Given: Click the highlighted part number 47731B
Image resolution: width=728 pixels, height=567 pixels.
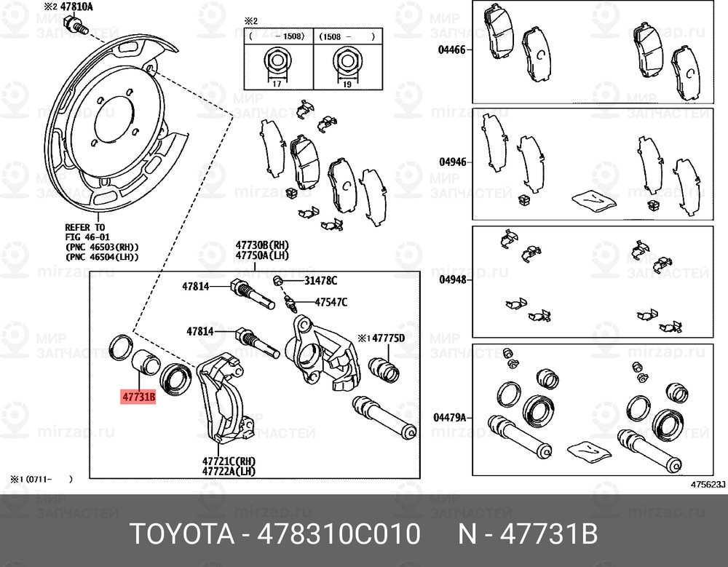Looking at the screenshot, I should point(138,397).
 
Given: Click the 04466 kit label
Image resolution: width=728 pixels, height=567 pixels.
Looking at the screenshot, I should point(452,50).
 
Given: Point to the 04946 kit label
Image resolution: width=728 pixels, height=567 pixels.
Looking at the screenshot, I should point(452,162).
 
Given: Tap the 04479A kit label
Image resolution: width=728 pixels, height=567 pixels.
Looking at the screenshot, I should point(451,418).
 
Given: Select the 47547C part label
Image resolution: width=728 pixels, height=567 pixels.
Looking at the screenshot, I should point(331,302).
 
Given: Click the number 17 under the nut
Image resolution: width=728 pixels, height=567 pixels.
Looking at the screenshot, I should point(276,84).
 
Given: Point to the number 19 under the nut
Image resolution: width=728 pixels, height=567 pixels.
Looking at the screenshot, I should point(347,84).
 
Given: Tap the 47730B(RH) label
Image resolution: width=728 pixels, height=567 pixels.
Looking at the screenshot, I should point(261,245).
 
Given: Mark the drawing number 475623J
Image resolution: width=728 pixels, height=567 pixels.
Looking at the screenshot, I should point(707,483).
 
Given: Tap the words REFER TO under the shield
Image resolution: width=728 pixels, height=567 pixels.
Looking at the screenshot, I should point(84,227).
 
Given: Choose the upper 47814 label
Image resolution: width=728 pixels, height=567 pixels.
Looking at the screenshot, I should point(195,287).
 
